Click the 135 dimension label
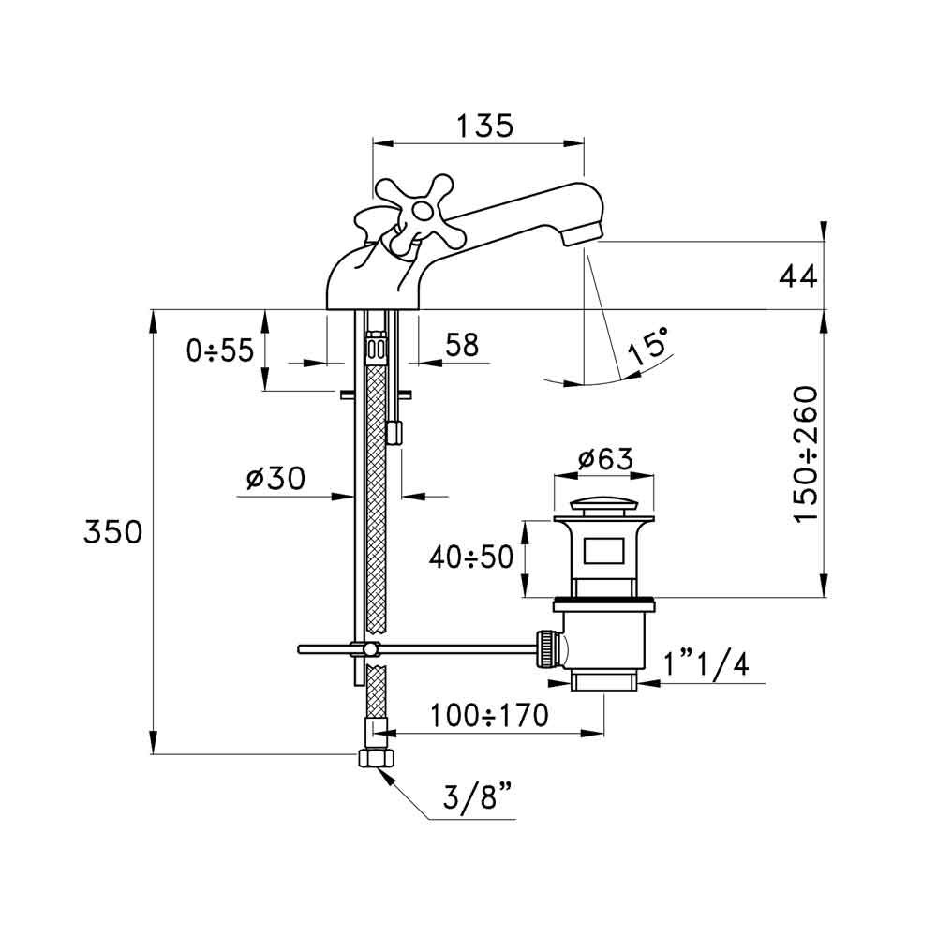pyautogui.click(x=484, y=126)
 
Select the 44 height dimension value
pyautogui.click(x=797, y=276)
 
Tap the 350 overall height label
pyautogui.click(x=112, y=532)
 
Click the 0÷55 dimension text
pyautogui.click(x=220, y=350)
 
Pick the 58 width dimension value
pyautogui.click(x=460, y=346)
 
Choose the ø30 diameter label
pyautogui.click(x=275, y=479)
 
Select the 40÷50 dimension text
pyautogui.click(x=472, y=558)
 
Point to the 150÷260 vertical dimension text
pyautogui.click(x=807, y=454)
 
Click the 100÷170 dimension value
pyautogui.click(x=489, y=717)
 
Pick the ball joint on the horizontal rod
pyautogui.click(x=372, y=649)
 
